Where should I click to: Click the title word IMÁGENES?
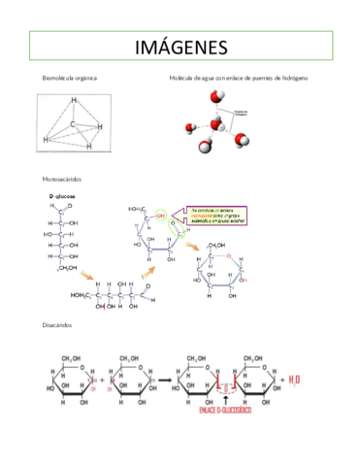click(x=180, y=47)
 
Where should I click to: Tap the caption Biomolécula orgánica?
click(x=69, y=77)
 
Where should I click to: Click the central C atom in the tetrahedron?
click(x=75, y=124)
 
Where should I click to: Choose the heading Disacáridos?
click(x=57, y=325)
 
